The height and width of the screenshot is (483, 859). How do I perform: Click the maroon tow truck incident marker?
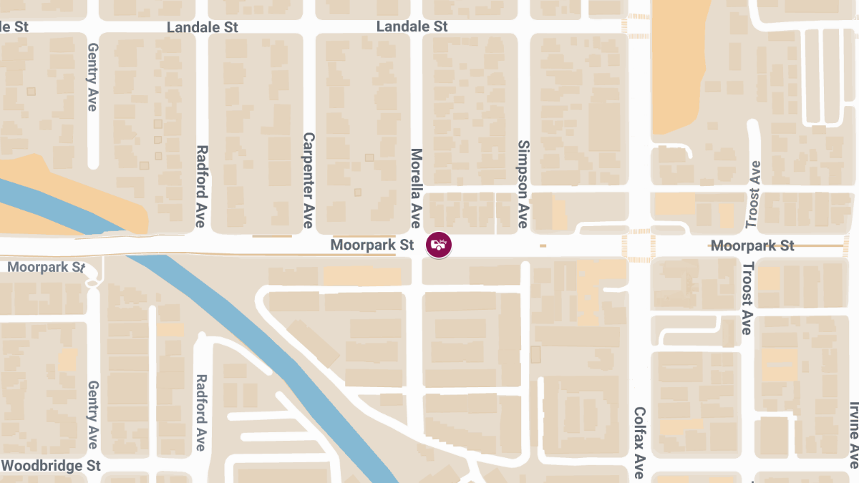pos(439,245)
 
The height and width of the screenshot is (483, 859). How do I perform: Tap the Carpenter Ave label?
pos(309,180)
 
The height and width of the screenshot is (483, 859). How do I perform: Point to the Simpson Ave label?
pos(523,185)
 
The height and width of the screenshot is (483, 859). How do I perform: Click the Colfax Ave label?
pos(639,443)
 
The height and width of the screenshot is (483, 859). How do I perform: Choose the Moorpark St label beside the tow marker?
pos(372,245)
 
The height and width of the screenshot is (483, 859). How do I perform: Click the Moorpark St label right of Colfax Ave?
pos(752,246)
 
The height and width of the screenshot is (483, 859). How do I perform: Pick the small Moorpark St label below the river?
pos(47,267)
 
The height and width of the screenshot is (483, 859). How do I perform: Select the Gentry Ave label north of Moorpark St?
pos(92,77)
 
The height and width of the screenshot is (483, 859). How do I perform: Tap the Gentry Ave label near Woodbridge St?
pos(92,414)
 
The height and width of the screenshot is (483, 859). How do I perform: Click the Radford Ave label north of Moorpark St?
pos(201,187)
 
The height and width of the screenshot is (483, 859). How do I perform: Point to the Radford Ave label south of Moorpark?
pos(201,413)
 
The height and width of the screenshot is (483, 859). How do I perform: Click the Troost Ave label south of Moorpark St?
pos(747,298)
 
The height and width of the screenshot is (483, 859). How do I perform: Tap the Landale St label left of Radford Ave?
pos(203,27)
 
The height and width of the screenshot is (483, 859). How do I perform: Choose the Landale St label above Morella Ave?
pos(412,26)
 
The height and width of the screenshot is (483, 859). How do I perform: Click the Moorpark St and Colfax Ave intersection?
pos(639,245)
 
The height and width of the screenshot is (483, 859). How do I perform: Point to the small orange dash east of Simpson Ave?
pos(543,246)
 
